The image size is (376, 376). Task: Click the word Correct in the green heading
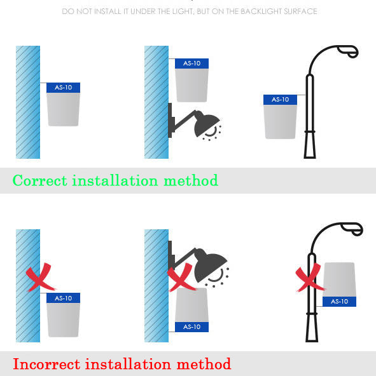tap(40, 180)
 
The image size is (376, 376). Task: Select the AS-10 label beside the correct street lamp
tap(280, 100)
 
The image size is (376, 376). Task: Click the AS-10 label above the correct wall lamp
tap(191, 64)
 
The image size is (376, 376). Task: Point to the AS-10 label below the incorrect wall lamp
tap(191, 327)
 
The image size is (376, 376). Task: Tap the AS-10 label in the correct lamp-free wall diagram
tap(63, 88)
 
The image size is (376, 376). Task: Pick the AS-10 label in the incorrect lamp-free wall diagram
tap(63, 298)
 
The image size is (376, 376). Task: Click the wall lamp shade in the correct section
tap(207, 123)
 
